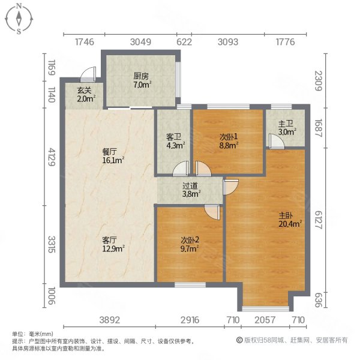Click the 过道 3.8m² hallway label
(x=191, y=190)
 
